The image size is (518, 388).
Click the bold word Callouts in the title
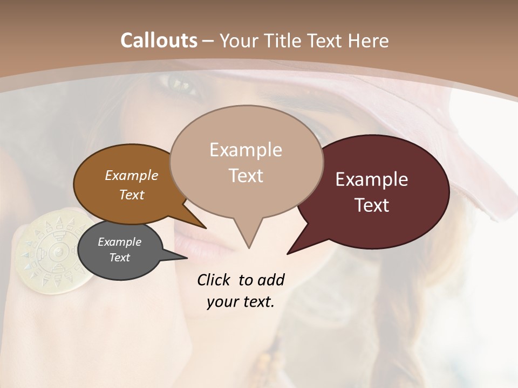159,40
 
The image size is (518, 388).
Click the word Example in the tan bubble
246,150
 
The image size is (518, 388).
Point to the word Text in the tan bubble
246,176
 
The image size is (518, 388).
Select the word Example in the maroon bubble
372,179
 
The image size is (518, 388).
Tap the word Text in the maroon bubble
372,205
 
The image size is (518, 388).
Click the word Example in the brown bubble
131,175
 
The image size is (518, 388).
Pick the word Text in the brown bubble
131,195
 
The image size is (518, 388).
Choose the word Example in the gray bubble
119,242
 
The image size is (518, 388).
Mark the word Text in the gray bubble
119,258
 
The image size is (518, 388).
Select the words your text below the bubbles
240,302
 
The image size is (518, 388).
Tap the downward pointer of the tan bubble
249,237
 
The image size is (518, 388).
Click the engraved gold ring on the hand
52,252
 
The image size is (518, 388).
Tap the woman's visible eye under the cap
178,84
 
